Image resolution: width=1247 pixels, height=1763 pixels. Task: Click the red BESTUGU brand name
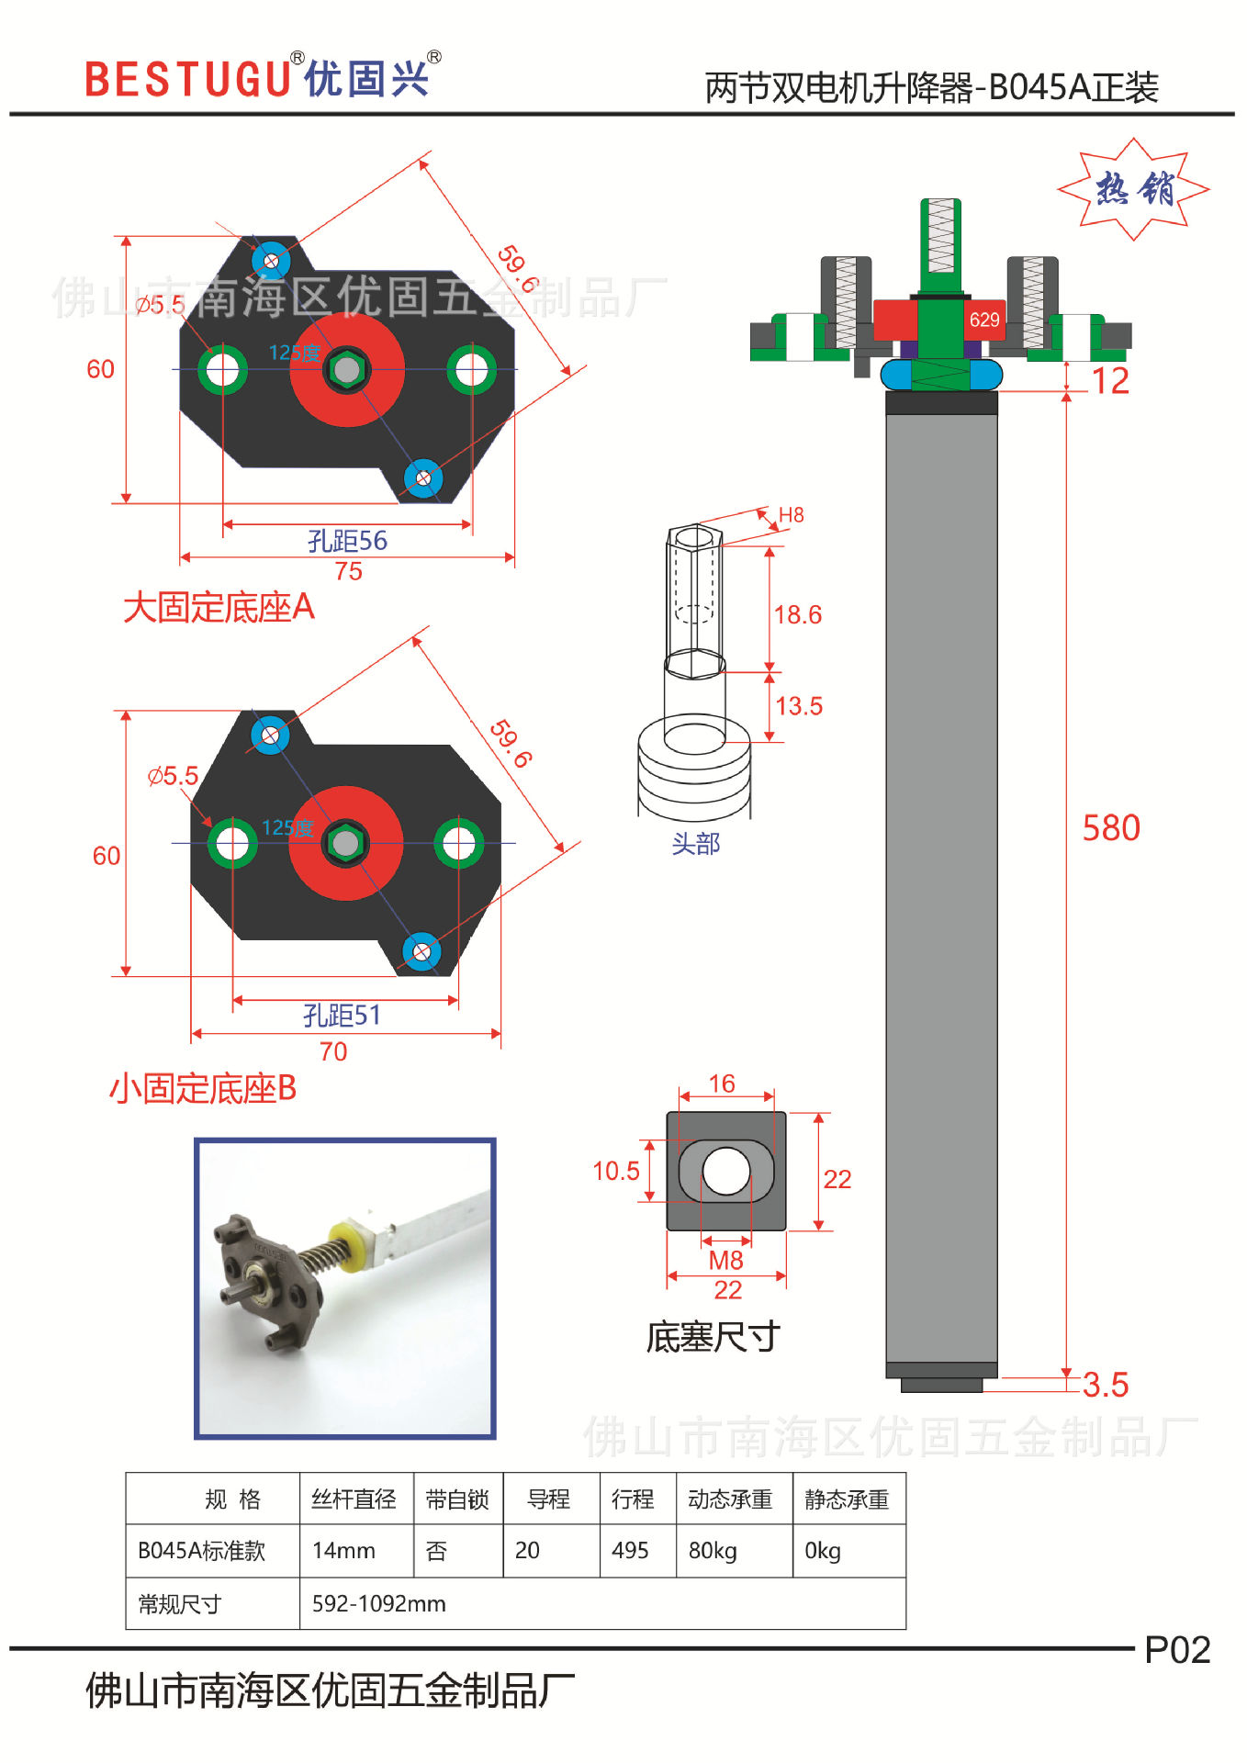187,79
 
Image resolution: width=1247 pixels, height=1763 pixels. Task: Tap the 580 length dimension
1111,828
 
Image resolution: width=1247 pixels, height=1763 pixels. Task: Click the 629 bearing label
984,320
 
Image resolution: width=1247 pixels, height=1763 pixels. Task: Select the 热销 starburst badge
1134,189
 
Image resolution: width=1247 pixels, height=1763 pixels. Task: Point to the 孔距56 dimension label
347,541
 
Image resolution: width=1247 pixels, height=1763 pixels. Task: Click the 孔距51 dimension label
342,1016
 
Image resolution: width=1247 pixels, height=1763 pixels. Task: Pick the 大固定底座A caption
219,608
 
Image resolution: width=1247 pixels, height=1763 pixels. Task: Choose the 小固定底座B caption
203,1089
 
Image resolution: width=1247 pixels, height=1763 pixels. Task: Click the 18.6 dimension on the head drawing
798,615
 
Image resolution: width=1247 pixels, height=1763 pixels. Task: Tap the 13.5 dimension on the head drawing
799,706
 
